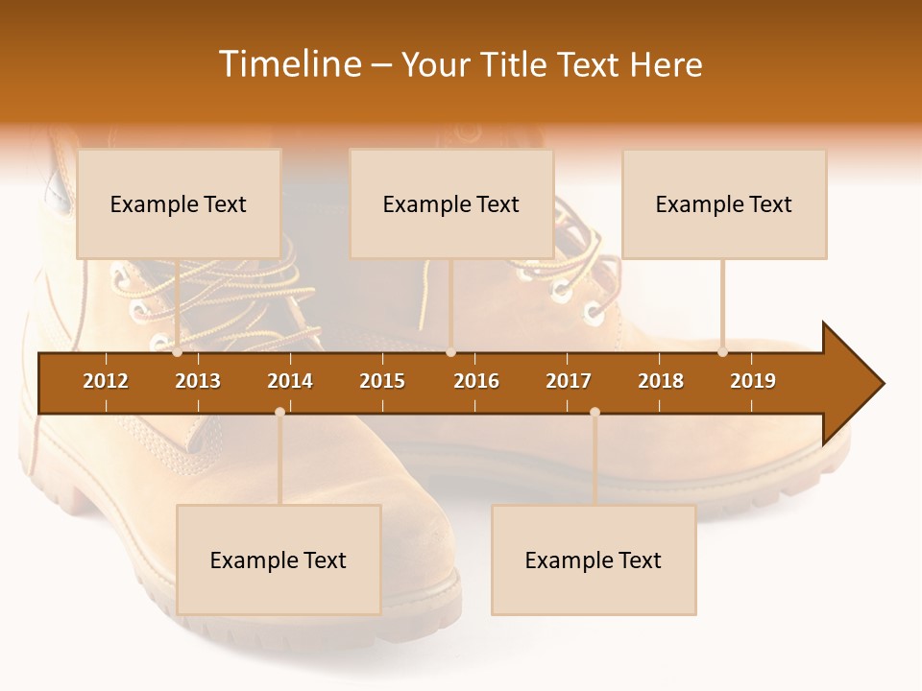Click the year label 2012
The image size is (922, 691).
pos(106,381)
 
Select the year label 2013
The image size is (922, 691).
pos(198,381)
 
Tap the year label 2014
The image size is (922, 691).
pos(290,381)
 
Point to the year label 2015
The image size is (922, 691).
pos(382,381)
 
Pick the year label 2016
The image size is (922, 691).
pos(476,381)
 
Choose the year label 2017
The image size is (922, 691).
pos(569,381)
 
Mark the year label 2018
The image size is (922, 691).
pos(661,381)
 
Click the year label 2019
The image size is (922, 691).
pos(753,381)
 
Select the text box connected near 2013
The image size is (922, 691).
pos(179,203)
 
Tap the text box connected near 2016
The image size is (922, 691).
pos(451,203)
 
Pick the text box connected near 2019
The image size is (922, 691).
pos(724,203)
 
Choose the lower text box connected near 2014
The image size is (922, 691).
pos(279,560)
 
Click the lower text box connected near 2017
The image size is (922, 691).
pos(594,560)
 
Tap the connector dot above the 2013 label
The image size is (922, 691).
pos(178,352)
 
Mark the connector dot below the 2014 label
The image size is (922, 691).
pos(279,412)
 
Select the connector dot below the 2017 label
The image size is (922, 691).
pos(594,412)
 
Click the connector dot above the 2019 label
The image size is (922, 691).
pos(722,352)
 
